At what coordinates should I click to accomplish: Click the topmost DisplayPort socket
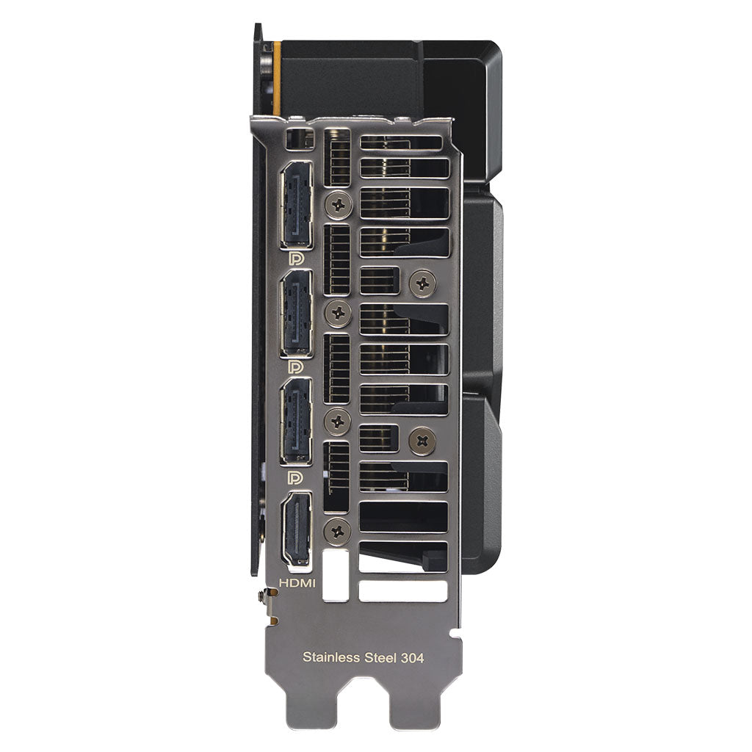pyautogui.click(x=297, y=205)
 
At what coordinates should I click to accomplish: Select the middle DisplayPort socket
pyautogui.click(x=297, y=313)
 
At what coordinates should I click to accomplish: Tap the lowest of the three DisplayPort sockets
pyautogui.click(x=297, y=421)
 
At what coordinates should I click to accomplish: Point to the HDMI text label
pyautogui.click(x=297, y=583)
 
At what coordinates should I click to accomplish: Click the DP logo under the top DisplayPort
pyautogui.click(x=296, y=258)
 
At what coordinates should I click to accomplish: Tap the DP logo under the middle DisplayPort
pyautogui.click(x=296, y=367)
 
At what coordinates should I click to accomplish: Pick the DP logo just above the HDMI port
pyautogui.click(x=296, y=477)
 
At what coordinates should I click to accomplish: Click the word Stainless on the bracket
pyautogui.click(x=331, y=657)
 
